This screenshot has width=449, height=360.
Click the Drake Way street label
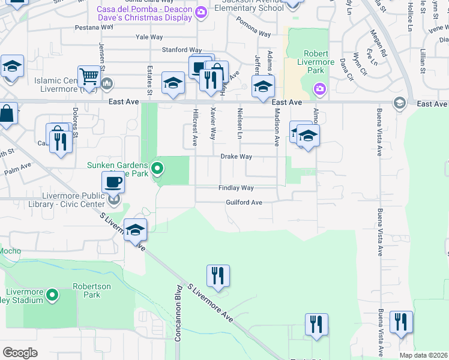coord(236,157)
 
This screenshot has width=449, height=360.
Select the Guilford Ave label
coord(244,203)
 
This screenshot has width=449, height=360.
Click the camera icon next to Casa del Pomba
coord(202,11)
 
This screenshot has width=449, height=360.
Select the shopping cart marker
coord(89,76)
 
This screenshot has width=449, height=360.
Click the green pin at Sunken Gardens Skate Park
coord(157,169)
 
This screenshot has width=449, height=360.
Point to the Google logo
coord(20,352)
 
